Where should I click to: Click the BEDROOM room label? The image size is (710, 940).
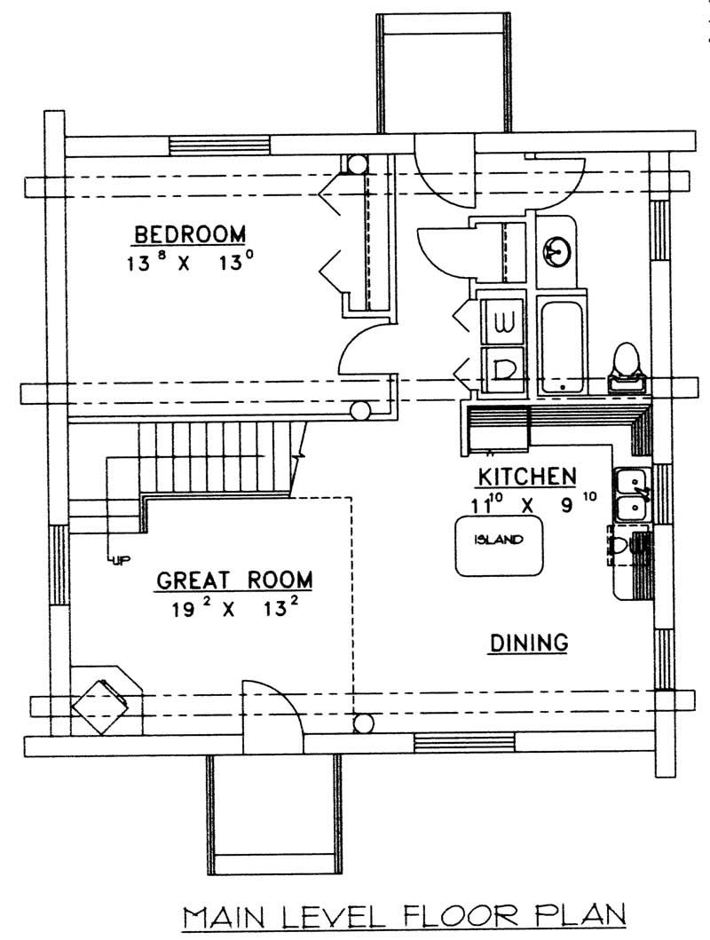point(189,235)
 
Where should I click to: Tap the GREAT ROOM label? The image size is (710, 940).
point(234,581)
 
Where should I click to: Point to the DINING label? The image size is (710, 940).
point(528,642)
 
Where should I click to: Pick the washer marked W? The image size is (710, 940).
point(501,319)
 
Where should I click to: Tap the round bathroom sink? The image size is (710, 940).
point(556,251)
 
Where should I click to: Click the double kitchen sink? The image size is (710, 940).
point(633,494)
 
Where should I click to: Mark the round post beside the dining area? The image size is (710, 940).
point(362,723)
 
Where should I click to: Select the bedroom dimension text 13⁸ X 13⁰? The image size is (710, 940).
point(189,264)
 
